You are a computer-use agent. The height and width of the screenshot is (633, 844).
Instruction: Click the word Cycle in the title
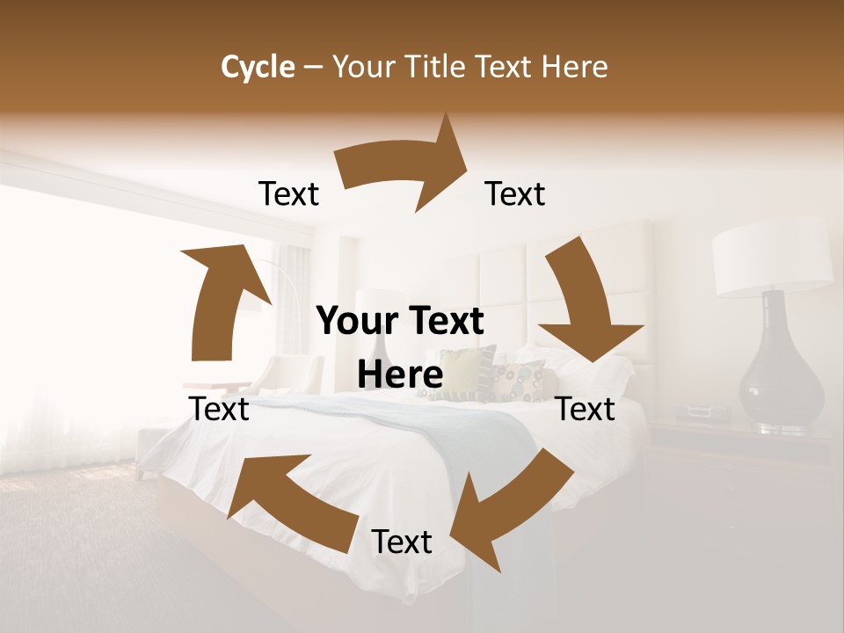coord(258,67)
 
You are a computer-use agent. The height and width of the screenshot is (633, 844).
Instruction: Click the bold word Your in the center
coord(354,322)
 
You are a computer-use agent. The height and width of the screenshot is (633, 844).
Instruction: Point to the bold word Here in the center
coord(400,375)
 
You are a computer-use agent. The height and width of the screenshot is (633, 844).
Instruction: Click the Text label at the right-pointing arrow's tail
coord(288,194)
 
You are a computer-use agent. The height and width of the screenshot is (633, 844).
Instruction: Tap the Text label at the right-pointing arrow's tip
coord(515,194)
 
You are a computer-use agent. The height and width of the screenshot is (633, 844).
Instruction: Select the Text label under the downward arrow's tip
coord(586,409)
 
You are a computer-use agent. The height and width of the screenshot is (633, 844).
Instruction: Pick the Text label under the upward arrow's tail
coord(219,409)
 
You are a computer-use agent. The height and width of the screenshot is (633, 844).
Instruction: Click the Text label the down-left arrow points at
coord(402,542)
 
